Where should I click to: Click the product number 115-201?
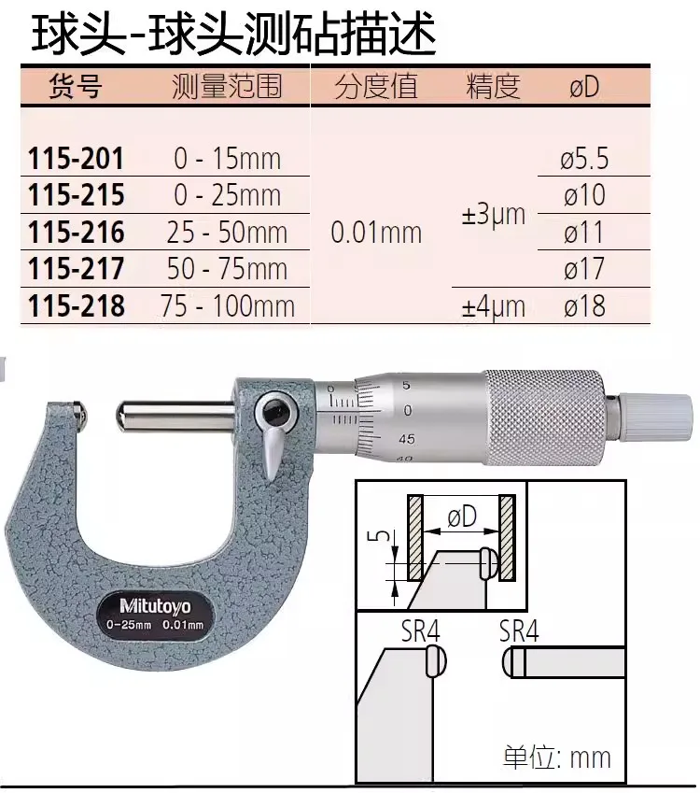tap(76, 159)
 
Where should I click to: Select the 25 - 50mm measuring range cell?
tap(227, 233)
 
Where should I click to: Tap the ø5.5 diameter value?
tap(584, 159)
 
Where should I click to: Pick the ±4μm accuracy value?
tap(494, 306)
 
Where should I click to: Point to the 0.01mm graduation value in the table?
tap(376, 233)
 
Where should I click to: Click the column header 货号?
tap(76, 86)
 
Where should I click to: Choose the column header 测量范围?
tap(227, 86)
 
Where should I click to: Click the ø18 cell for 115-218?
tap(584, 306)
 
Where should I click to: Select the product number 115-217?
tap(76, 269)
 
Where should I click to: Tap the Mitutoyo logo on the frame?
tap(155, 605)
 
